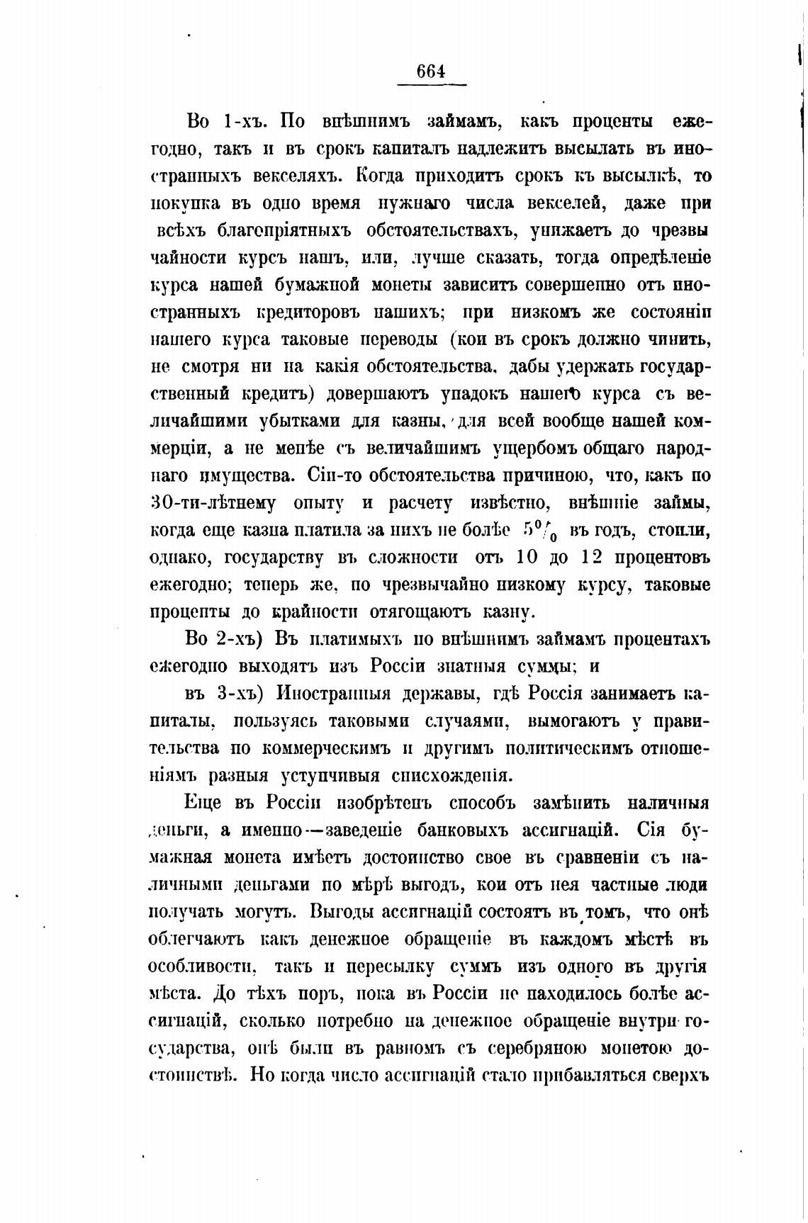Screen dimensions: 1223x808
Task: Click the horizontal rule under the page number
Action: click(431, 85)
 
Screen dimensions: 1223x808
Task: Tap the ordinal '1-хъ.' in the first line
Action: click(243, 121)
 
